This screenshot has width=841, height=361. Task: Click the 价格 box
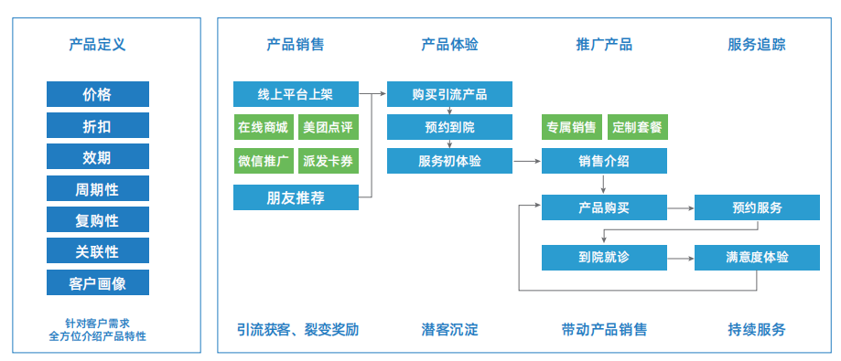[x=98, y=94]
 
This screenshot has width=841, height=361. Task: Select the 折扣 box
[x=98, y=126]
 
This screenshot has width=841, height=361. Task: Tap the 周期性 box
[x=98, y=188]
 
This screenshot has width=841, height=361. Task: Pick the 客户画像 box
[x=98, y=282]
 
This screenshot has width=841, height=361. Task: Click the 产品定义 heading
[x=97, y=44]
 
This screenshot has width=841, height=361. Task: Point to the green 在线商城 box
[x=264, y=127]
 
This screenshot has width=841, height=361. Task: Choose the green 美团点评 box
[x=329, y=127]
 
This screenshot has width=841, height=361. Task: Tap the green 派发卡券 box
[x=329, y=161]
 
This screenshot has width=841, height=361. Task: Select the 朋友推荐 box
[x=297, y=197]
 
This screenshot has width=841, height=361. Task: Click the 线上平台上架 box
[x=297, y=94]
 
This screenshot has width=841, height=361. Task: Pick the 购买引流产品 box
[x=449, y=94]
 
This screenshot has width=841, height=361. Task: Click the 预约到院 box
[x=449, y=127]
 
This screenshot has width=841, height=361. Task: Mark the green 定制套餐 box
[x=637, y=127]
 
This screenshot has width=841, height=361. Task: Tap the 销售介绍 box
[x=604, y=161]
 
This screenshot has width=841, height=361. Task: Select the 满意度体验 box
[x=757, y=258]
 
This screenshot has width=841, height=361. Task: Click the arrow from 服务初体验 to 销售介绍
[x=527, y=161]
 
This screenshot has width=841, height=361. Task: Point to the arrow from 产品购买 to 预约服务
[x=681, y=207]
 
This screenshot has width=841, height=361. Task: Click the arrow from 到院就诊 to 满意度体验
[x=681, y=258]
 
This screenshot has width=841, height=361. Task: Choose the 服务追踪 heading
[x=756, y=44]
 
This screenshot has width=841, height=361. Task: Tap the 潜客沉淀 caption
[x=449, y=329]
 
